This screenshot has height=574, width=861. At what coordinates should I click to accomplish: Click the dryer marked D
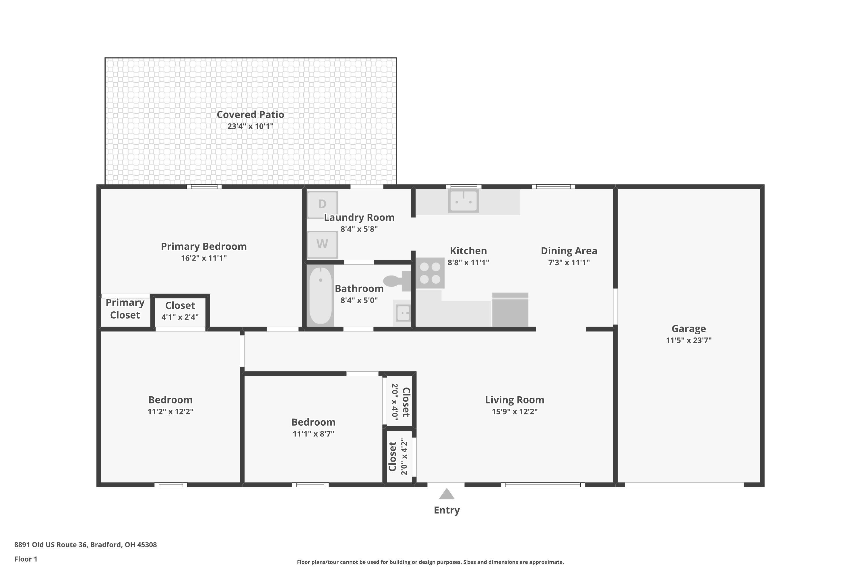[322, 205]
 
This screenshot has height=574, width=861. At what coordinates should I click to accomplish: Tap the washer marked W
[322, 244]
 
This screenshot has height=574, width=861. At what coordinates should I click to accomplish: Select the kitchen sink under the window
[464, 201]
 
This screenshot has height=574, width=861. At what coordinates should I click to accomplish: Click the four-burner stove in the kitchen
[430, 273]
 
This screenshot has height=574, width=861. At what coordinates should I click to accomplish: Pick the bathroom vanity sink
[402, 313]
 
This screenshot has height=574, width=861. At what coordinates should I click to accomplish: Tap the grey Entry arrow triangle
[447, 495]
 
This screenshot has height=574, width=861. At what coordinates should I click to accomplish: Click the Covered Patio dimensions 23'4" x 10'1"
[250, 126]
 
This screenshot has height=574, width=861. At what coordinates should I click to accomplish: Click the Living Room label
[515, 400]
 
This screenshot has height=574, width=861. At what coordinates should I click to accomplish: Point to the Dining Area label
[569, 251]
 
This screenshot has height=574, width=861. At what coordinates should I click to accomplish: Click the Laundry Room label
[359, 218]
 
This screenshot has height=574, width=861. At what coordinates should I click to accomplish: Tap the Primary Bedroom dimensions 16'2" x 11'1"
[204, 258]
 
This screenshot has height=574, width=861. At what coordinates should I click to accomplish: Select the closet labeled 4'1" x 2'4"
[180, 311]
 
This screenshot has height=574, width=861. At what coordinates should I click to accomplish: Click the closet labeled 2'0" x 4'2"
[399, 457]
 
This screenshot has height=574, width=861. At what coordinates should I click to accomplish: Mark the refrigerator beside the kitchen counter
[510, 310]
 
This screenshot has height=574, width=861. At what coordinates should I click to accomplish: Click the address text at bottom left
[86, 545]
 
